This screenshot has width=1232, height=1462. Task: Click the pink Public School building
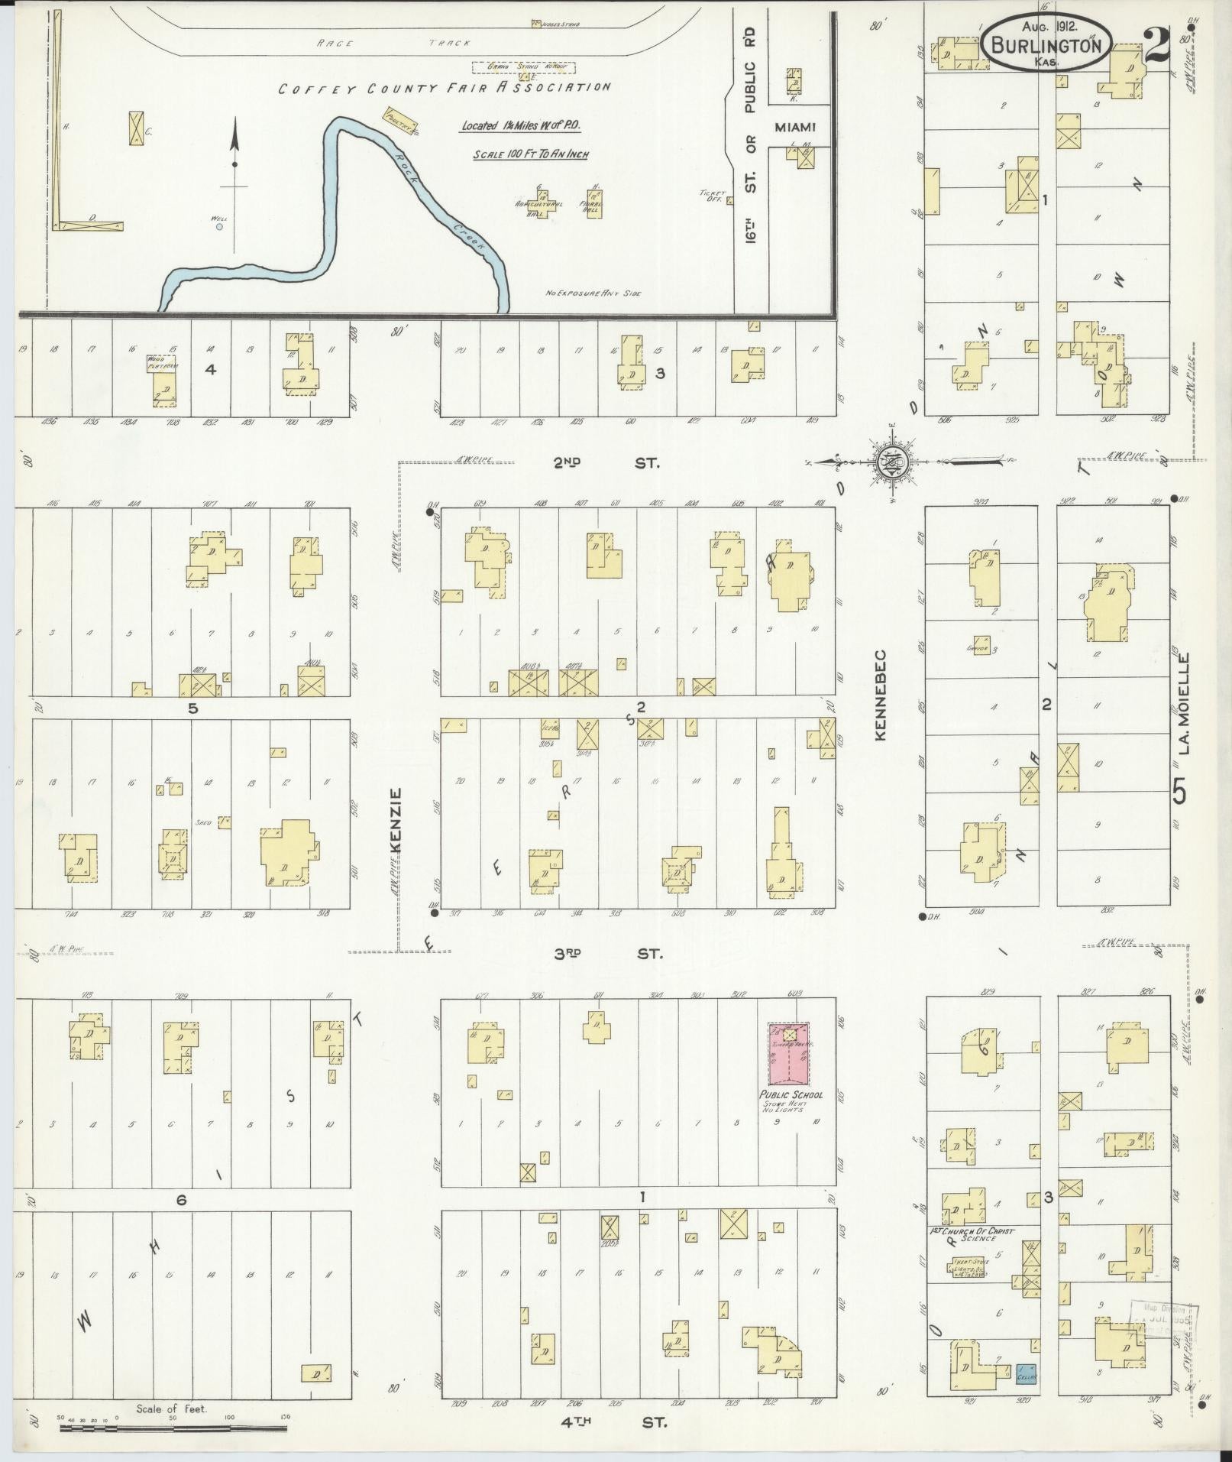pos(788,1054)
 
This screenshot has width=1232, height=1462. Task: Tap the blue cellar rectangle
pos(1026,1373)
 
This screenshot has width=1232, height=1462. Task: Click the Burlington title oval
pos(1046,44)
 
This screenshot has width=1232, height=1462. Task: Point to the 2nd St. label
pos(607,463)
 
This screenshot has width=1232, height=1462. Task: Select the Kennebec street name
pos(880,695)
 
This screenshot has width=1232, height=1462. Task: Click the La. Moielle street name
pos(1185,702)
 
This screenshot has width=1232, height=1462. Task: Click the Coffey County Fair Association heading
pos(444,88)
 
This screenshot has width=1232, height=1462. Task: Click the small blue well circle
pos(219,226)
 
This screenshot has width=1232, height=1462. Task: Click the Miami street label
pos(796,128)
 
